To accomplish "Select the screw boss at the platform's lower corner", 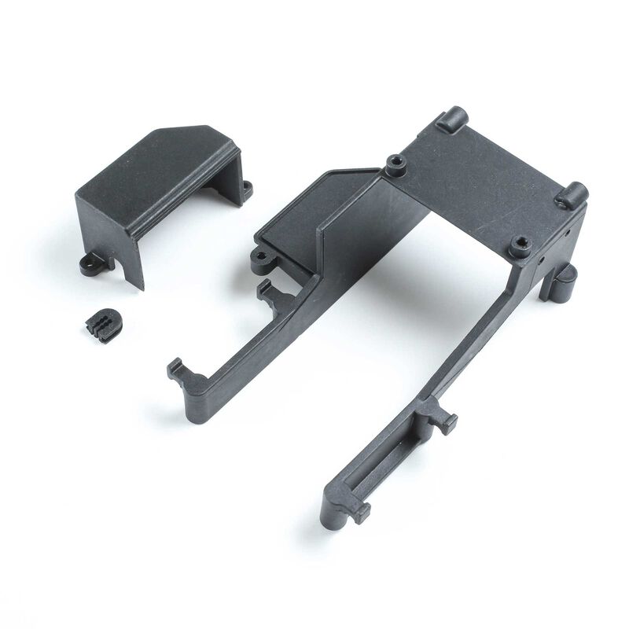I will (520, 248).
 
